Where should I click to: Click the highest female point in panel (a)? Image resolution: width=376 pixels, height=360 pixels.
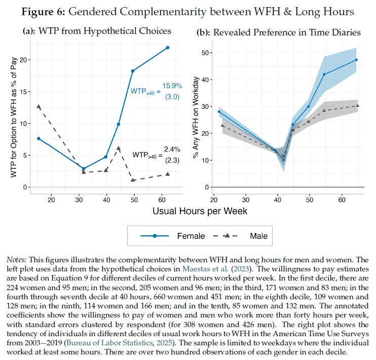pyautogui.click(x=168, y=48)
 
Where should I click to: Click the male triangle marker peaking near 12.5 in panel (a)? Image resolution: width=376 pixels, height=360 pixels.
pyautogui.click(x=39, y=106)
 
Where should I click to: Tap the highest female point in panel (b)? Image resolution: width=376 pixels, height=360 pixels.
pyautogui.click(x=357, y=60)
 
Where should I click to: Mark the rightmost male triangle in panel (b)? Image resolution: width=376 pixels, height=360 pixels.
pyautogui.click(x=357, y=106)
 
